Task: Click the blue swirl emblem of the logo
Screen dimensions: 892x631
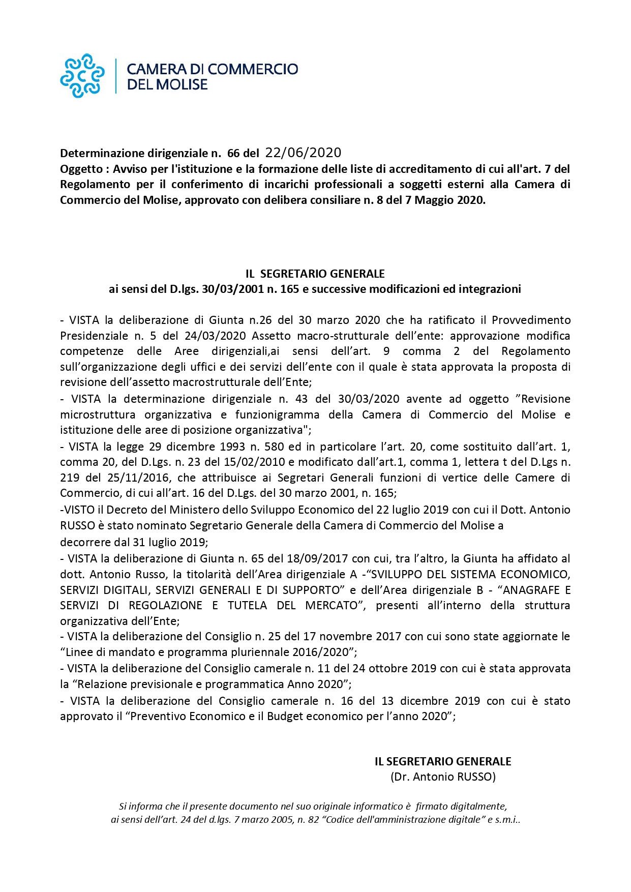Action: click(x=82, y=76)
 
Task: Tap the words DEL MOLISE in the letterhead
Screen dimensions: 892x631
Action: click(x=167, y=85)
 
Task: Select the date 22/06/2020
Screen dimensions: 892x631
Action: click(x=303, y=153)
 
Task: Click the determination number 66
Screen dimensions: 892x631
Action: click(x=233, y=154)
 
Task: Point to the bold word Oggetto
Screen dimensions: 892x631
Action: click(x=81, y=169)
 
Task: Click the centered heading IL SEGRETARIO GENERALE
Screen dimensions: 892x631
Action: click(x=315, y=274)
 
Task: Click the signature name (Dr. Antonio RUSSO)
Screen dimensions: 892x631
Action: click(x=443, y=777)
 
